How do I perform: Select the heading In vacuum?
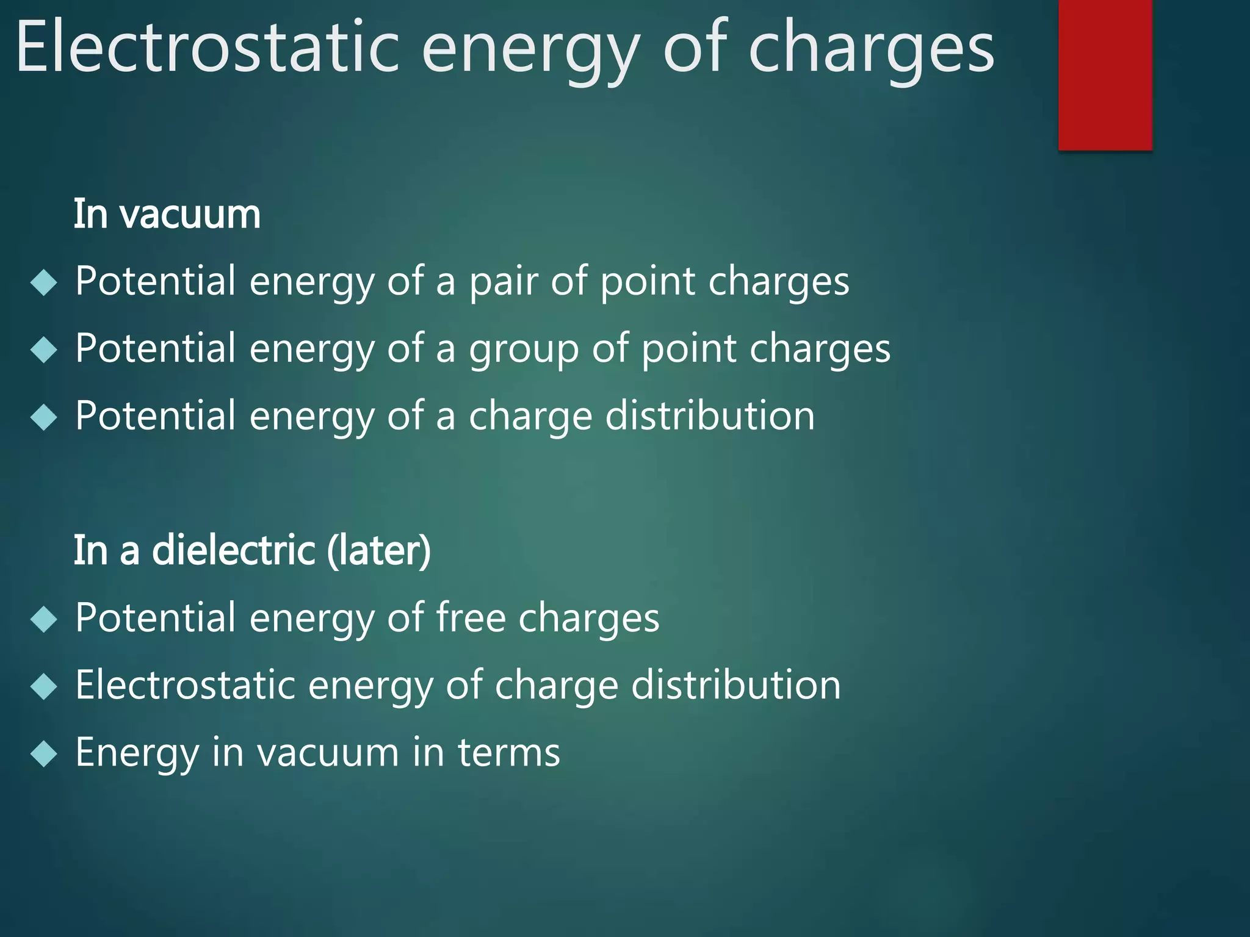(167, 215)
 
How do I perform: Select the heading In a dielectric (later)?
(252, 550)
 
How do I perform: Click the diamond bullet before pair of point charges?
(43, 283)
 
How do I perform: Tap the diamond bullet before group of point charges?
(43, 350)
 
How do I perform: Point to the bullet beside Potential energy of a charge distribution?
(43, 418)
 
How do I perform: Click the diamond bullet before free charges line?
(43, 620)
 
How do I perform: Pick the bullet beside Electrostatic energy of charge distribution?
(43, 687)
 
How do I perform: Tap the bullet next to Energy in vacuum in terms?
(43, 755)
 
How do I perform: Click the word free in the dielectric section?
(470, 617)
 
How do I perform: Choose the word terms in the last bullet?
(508, 753)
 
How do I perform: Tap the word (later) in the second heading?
(379, 550)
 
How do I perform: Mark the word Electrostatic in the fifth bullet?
(186, 685)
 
